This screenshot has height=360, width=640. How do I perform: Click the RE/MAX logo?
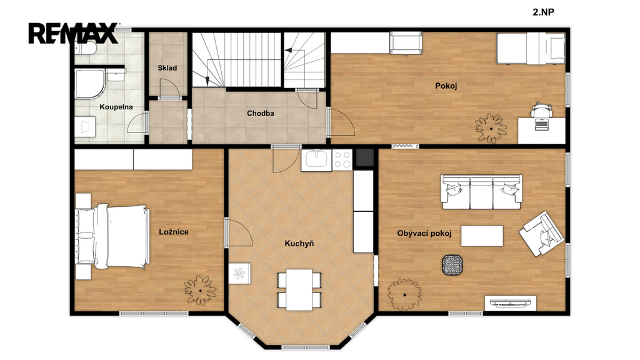click(73, 33)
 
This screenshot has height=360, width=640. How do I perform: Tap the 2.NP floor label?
click(543, 12)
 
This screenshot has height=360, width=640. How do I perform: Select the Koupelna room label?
click(116, 107)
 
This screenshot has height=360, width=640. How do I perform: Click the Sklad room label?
click(167, 67)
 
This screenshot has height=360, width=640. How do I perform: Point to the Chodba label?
click(261, 113)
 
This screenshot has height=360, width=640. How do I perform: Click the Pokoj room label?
click(446, 86)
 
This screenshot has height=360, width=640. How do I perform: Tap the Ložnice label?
click(174, 232)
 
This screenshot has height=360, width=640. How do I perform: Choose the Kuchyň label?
click(299, 244)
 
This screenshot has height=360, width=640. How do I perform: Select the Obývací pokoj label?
click(424, 234)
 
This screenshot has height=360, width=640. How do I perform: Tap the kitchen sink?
click(316, 159)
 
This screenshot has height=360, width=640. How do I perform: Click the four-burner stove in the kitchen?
click(342, 159)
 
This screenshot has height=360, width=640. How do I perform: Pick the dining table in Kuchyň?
click(299, 290)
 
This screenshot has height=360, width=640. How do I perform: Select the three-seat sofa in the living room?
click(482, 192)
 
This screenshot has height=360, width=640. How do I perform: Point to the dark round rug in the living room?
click(452, 265)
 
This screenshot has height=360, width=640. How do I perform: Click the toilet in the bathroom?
click(85, 49)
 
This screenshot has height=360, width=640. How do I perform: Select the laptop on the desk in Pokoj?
click(542, 124)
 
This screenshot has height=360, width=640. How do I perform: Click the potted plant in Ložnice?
click(200, 290)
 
